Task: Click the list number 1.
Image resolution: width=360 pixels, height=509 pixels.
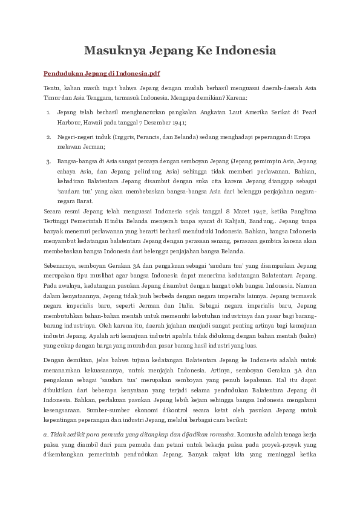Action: click(48, 112)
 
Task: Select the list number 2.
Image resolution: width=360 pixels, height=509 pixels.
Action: click(48, 137)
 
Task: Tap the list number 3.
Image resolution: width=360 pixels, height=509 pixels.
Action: click(48, 162)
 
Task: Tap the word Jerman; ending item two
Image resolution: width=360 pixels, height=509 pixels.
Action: click(96, 146)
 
